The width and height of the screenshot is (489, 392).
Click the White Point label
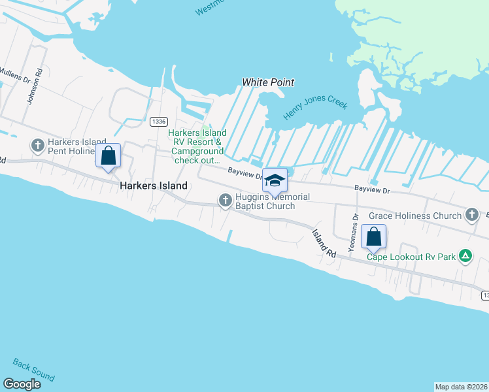pos(268,82)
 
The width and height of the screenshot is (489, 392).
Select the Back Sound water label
pos(33,369)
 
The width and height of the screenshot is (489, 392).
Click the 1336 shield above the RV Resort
pos(158,122)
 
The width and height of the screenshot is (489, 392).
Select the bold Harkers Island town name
pos(154,186)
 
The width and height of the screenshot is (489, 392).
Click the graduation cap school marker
pos(275,180)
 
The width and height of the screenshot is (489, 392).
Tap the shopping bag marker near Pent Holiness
pos(109,156)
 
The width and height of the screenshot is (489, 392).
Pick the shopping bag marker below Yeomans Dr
pos(373,237)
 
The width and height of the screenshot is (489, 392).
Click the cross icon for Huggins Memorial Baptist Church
pos(226,201)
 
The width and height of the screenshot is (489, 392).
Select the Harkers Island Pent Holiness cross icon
pos(37,144)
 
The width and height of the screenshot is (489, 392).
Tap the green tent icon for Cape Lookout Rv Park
pos(465,256)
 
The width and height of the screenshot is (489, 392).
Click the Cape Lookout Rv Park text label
pos(411,257)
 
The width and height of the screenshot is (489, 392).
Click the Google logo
pos(22,384)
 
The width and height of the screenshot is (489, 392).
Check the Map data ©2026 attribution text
pos(461,386)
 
